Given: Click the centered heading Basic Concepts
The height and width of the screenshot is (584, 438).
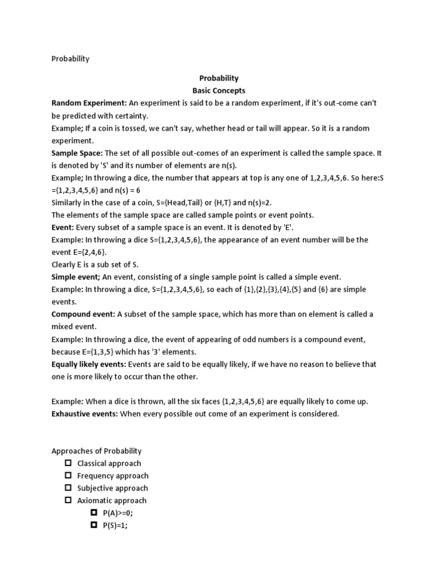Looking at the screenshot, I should (218, 91).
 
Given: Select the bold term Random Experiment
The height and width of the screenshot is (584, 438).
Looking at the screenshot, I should (88, 103).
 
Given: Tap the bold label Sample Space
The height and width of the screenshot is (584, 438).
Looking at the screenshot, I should (77, 153).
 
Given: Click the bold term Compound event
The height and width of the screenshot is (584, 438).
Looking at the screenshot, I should (83, 314).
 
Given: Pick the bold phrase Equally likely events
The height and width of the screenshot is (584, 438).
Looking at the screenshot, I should (89, 364).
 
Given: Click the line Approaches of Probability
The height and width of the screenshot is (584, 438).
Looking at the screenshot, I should (96, 451).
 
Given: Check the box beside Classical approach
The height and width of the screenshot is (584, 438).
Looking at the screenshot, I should (68, 463).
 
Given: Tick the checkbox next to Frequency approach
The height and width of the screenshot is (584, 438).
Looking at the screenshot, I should (68, 476).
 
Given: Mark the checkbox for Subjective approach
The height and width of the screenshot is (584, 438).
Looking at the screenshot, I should (68, 488).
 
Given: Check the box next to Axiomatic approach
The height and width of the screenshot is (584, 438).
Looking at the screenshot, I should (68, 500).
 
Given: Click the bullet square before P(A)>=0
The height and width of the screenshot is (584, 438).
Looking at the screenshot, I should (94, 513).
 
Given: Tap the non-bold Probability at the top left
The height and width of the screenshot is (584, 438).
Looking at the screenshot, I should (70, 59).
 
